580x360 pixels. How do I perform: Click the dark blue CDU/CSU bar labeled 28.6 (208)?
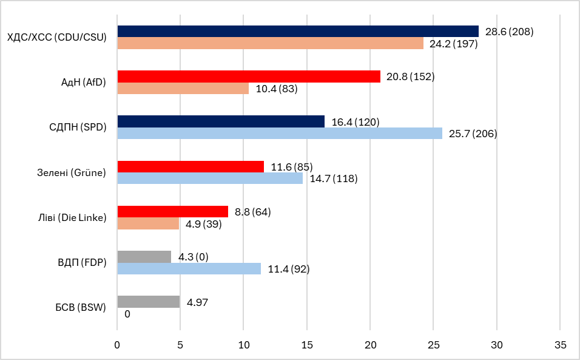[x=297, y=32]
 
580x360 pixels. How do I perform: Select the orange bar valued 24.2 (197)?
[x=270, y=44]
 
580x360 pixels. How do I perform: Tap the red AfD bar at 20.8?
[x=249, y=76]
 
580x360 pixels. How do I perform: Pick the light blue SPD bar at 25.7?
[x=279, y=134]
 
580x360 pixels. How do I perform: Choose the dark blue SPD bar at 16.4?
[x=221, y=121]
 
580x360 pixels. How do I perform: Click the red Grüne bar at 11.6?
[x=191, y=166]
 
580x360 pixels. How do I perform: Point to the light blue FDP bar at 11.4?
[x=189, y=268]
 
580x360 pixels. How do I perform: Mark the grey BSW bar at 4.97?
[x=149, y=302]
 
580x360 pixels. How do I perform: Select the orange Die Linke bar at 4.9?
[x=148, y=223]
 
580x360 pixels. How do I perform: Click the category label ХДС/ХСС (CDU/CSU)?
[x=56, y=38]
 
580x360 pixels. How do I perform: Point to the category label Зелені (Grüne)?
[x=68, y=172]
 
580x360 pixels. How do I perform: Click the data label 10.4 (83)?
[x=277, y=89]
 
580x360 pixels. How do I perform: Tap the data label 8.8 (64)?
[x=252, y=212]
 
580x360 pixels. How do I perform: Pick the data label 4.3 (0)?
[x=193, y=257]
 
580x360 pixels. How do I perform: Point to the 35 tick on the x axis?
[x=560, y=344]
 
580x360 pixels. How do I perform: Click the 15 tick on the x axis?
[x=307, y=344]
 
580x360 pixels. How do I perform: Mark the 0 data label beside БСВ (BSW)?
[x=127, y=314]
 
